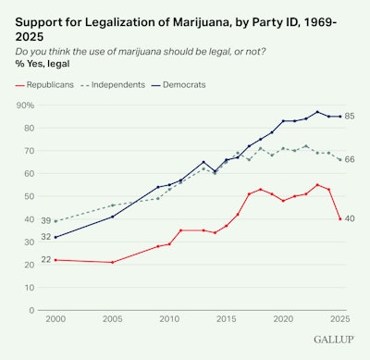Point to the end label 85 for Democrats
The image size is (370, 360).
pos(352,117)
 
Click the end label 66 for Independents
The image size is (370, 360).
pos(352,160)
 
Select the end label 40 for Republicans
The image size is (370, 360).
pos(352,218)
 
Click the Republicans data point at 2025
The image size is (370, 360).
pos(340,218)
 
